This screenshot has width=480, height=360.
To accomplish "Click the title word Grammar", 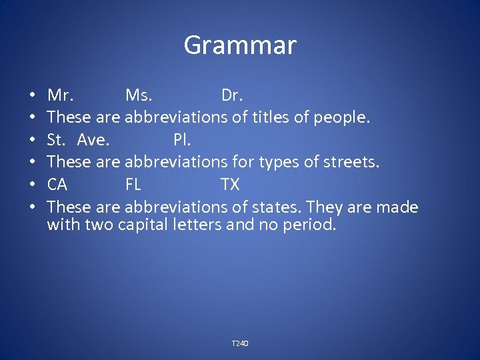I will (x=240, y=46).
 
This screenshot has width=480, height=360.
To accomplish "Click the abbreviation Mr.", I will (x=61, y=96).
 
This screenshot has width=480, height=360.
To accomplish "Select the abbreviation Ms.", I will (x=139, y=96).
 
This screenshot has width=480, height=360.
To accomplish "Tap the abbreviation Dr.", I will (x=232, y=96).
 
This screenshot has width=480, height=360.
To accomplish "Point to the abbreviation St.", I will (x=57, y=141).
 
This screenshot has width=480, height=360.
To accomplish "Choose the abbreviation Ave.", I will (x=93, y=141).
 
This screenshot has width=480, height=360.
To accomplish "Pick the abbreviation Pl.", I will (x=182, y=141).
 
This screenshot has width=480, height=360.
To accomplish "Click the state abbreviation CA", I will (x=57, y=185).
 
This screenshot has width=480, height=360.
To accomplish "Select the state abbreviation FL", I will (x=133, y=185).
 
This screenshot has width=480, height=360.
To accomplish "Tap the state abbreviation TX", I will (x=229, y=185).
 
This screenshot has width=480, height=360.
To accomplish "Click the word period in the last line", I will (x=312, y=225).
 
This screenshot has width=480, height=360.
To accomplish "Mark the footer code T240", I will (x=240, y=343).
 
